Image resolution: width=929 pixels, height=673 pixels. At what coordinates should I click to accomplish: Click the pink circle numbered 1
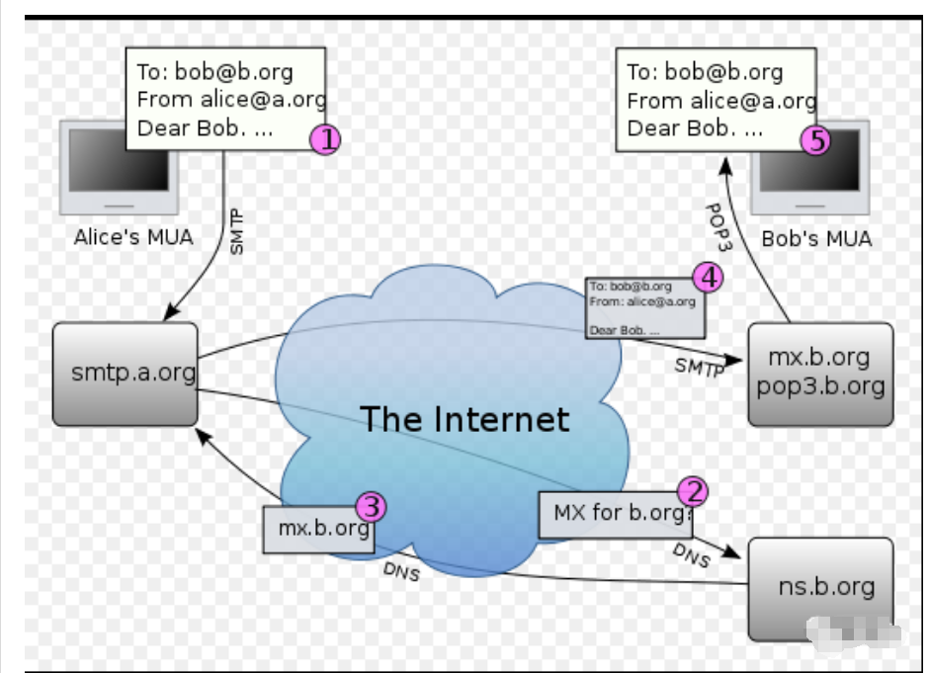click(325, 139)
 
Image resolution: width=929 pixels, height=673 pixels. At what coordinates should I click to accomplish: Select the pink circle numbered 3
click(371, 507)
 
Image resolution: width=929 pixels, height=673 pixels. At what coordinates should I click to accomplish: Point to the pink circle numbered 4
click(708, 276)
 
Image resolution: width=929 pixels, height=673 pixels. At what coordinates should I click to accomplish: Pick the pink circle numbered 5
click(815, 139)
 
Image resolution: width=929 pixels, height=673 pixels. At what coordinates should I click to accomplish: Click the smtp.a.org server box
click(126, 374)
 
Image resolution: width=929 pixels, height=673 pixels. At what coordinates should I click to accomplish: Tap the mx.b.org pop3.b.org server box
click(820, 373)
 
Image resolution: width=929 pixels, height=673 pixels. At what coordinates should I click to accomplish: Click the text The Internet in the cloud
click(464, 419)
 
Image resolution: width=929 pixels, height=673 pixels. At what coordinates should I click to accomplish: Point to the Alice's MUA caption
click(133, 238)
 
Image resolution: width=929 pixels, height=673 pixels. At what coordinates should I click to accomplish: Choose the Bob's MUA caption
click(816, 239)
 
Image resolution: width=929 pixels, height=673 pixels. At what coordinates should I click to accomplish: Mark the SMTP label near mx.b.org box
click(700, 368)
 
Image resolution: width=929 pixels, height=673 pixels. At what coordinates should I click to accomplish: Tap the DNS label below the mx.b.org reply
click(400, 572)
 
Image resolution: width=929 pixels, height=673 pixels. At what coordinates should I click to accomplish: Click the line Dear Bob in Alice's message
click(205, 127)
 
